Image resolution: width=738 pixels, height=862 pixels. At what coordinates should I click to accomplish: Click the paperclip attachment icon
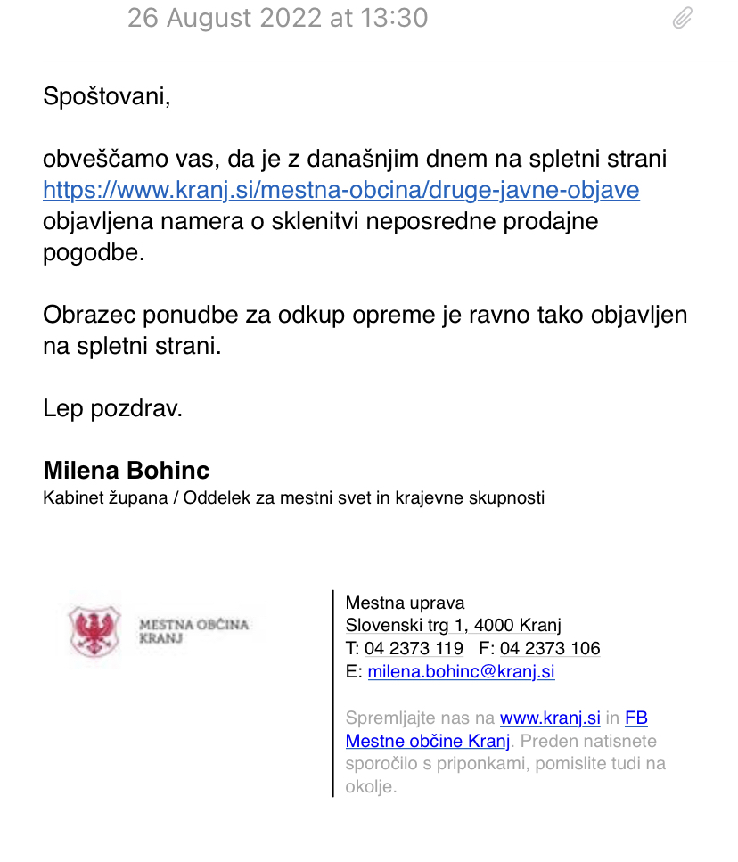tap(682, 19)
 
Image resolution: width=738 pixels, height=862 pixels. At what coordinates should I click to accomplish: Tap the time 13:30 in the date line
tap(396, 18)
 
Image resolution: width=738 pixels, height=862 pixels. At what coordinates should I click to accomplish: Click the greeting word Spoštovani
tap(106, 95)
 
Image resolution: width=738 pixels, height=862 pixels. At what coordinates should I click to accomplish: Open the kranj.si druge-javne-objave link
tap(341, 190)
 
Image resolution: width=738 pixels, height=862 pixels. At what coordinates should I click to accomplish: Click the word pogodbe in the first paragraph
tap(93, 252)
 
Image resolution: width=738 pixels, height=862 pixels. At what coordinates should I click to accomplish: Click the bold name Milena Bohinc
tap(127, 470)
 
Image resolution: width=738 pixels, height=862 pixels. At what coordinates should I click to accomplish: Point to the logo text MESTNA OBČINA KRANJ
tap(193, 631)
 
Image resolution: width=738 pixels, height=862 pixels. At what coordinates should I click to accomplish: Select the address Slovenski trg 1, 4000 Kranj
tap(453, 625)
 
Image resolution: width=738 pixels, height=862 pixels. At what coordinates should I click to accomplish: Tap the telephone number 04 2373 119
tap(414, 648)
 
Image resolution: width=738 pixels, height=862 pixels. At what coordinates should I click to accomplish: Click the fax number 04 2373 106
tap(550, 648)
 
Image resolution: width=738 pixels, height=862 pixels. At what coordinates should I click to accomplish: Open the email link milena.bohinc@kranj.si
tap(461, 671)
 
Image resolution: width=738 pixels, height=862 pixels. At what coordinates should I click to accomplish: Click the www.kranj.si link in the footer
tap(550, 718)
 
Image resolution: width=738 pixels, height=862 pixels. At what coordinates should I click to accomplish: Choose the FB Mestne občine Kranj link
tap(428, 741)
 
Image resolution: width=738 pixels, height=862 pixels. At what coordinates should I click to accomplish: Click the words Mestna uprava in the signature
tap(405, 603)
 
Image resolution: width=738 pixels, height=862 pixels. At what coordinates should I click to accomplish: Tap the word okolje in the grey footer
tap(368, 787)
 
